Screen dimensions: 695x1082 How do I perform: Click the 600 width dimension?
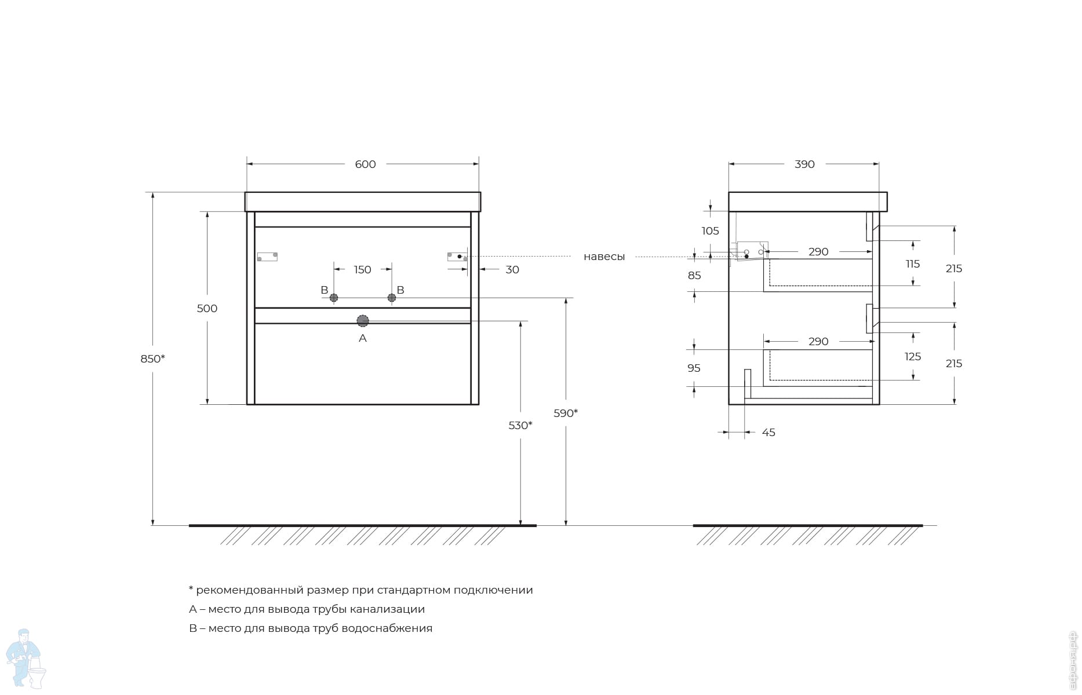(365, 164)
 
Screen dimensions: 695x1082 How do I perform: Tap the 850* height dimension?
(152, 359)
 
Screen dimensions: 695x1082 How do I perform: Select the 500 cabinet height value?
(207, 309)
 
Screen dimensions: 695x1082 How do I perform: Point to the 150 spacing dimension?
(362, 270)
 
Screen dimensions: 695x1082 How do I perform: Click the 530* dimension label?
(520, 426)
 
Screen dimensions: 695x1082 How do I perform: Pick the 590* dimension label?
(565, 414)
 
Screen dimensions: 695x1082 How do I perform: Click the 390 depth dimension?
(804, 164)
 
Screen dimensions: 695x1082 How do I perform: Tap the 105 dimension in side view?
(710, 231)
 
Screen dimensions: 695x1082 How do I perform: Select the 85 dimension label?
(694, 276)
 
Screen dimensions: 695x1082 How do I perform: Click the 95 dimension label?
(694, 368)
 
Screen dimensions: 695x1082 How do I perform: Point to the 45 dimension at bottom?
(768, 433)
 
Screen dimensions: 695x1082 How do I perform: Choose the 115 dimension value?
(913, 264)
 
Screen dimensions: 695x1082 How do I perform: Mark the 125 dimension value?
(913, 357)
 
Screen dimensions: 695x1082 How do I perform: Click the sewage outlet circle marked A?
(363, 321)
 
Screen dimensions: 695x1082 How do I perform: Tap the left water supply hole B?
(334, 298)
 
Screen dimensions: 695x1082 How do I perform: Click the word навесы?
(604, 257)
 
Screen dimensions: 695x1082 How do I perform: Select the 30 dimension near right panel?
(512, 270)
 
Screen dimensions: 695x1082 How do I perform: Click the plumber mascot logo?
(24, 659)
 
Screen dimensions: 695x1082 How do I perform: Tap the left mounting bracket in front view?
(267, 257)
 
